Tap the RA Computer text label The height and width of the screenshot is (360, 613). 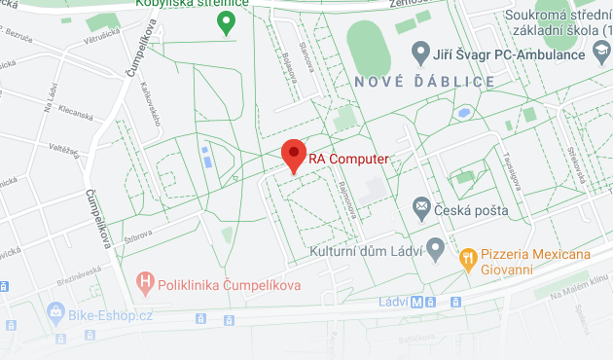tap(348, 159)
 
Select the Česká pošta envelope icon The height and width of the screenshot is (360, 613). tap(421, 205)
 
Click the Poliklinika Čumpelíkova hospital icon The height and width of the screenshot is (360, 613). tap(146, 284)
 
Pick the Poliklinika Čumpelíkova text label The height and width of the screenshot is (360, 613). tap(230, 284)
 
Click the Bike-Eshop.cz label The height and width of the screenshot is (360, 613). tap(111, 314)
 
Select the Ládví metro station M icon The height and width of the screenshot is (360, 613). tap(416, 302)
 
